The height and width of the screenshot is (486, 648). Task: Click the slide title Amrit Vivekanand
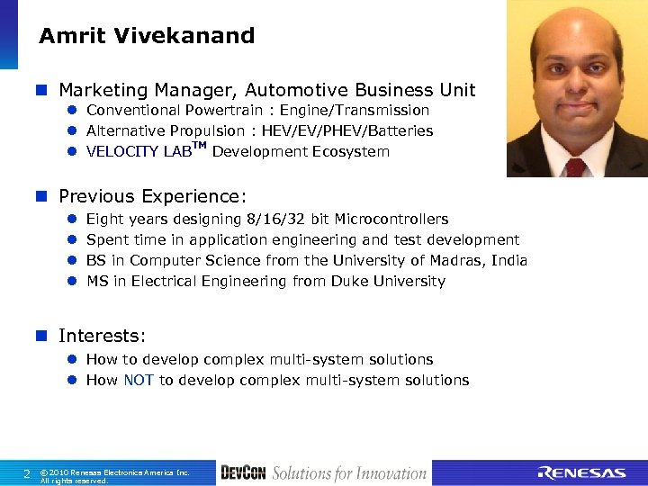coord(147,36)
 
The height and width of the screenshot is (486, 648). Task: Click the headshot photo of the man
coord(576,88)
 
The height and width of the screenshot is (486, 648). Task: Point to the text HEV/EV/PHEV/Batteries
coord(347,130)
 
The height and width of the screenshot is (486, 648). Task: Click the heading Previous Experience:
coord(152,196)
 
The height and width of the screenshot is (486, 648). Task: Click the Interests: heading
coord(102,336)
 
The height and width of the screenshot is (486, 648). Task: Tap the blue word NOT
coord(139,381)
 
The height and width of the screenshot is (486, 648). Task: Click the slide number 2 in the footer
coord(27,473)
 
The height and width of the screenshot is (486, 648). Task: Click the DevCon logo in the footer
coord(243,473)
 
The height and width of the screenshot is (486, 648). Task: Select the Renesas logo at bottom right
coord(581,473)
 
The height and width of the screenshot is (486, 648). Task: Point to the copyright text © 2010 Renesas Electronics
coord(114,472)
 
